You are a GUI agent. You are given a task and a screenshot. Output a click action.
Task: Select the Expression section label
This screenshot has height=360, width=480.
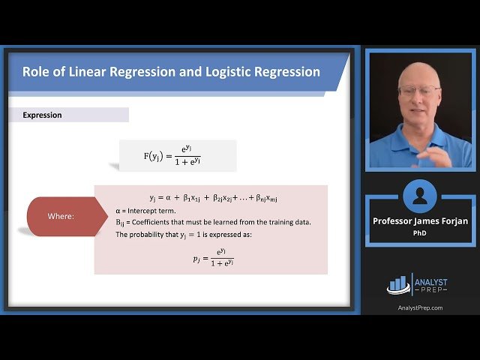(x=42, y=115)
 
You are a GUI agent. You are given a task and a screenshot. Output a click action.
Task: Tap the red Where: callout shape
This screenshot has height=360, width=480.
(x=61, y=216)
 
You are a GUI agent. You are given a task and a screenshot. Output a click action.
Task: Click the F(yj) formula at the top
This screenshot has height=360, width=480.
(x=178, y=156)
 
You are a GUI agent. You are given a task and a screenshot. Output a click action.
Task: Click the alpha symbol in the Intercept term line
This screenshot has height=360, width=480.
(x=118, y=211)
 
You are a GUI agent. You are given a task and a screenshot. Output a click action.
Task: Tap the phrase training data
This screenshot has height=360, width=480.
(x=289, y=222)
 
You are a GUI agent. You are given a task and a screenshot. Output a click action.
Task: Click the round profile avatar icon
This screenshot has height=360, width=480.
(x=420, y=197)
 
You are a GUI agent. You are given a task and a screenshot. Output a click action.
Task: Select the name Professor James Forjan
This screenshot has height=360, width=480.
(x=419, y=221)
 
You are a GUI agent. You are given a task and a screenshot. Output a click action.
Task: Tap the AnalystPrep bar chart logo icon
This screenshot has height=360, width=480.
(x=397, y=284)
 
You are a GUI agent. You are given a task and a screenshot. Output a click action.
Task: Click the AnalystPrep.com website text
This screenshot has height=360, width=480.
(x=419, y=307)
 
